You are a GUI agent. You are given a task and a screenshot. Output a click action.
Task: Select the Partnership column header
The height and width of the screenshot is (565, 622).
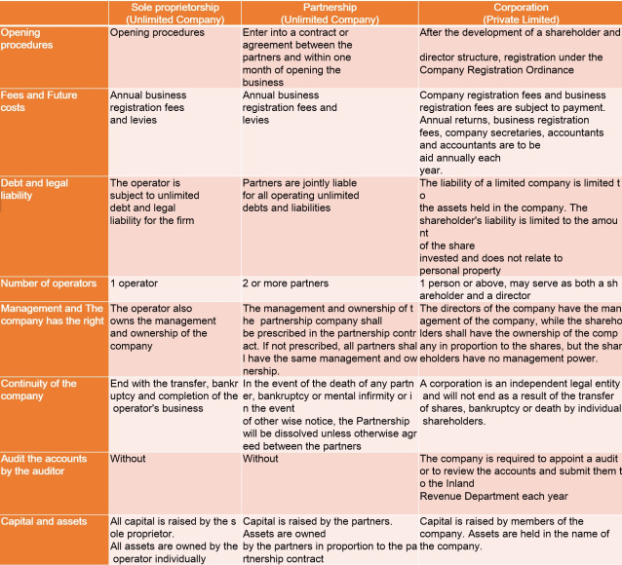329,13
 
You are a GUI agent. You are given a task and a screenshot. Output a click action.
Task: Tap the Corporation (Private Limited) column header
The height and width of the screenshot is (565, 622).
521,13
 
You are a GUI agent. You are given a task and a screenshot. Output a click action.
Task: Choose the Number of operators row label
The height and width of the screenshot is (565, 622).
49,283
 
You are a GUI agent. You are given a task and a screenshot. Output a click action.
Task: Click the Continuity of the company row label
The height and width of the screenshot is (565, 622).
39,390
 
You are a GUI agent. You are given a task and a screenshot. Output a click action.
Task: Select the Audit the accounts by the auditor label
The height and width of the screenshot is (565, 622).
44,465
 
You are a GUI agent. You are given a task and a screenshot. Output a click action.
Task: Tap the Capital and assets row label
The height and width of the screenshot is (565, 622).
44,521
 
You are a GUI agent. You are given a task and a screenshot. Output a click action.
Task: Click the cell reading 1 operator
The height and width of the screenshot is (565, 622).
136,283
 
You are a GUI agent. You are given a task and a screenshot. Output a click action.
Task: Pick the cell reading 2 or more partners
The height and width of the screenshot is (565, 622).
286,283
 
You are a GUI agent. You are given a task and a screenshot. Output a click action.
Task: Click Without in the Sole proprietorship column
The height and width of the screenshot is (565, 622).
128,459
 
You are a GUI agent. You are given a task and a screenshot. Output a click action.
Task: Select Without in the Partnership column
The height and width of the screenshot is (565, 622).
260,459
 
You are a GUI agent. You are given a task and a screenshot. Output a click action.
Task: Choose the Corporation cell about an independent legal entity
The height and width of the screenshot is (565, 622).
519,402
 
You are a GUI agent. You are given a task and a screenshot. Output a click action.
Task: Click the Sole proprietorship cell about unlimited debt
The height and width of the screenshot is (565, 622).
156,202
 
